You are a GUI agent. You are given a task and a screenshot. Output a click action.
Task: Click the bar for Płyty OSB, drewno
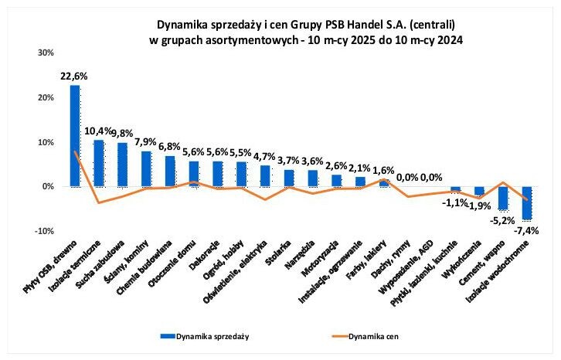75,136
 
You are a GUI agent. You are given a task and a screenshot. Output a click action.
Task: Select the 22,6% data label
74,76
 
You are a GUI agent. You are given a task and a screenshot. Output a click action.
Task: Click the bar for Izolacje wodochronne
525,203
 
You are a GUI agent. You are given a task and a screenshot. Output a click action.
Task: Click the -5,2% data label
503,219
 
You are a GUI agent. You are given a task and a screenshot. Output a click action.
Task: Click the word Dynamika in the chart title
182,24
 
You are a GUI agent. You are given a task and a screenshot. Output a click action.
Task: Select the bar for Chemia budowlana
170,172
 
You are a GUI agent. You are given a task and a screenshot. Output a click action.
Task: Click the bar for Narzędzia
313,178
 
